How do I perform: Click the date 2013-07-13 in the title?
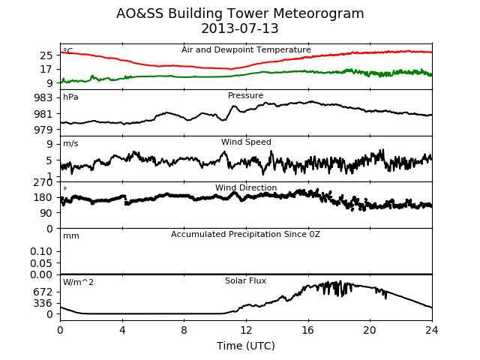tap(240, 28)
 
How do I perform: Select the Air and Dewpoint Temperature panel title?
tap(246, 49)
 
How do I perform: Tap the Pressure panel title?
tap(245, 95)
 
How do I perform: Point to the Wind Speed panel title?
tap(246, 142)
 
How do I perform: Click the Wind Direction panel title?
tap(246, 187)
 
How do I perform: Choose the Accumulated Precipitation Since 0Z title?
tap(245, 234)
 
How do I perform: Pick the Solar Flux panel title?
tap(245, 280)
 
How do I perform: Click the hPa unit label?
tap(70, 97)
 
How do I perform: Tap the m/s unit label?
tap(70, 143)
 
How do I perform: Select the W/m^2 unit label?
tap(78, 282)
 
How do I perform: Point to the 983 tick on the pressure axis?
tap(43, 98)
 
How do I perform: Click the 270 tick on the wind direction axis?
tap(43, 182)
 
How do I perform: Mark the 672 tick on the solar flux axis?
tap(43, 292)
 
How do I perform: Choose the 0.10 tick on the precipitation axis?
tap(41, 252)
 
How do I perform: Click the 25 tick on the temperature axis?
tap(46, 55)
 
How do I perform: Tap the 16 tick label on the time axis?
tap(308, 330)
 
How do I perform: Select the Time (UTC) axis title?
tap(246, 346)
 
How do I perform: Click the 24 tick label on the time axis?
tap(432, 330)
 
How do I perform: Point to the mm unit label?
tap(71, 236)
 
